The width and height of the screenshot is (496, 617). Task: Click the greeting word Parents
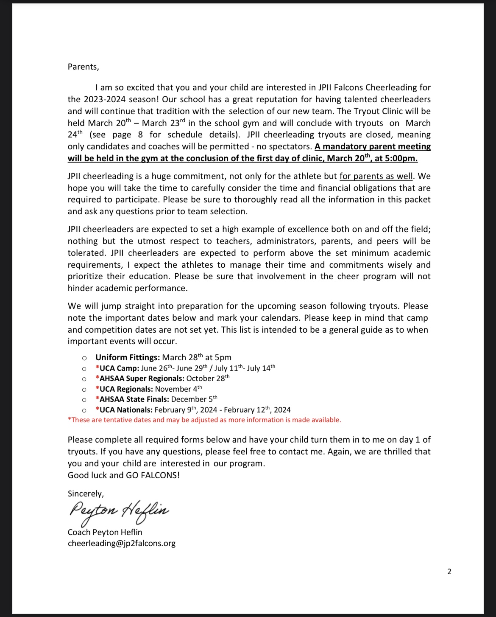click(83, 67)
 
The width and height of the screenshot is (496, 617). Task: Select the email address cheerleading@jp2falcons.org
click(122, 543)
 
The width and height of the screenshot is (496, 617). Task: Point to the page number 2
click(449, 572)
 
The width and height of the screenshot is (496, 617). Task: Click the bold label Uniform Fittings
click(128, 358)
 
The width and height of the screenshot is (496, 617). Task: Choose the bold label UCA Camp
click(117, 368)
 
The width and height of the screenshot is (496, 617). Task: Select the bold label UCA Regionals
click(124, 389)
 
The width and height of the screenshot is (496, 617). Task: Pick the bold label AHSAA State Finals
click(132, 399)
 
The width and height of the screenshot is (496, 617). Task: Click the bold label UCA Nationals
click(124, 410)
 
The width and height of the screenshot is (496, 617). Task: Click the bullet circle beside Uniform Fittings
click(84, 358)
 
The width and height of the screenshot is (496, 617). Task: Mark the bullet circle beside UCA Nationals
click(84, 410)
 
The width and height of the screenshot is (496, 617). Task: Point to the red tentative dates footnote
click(204, 420)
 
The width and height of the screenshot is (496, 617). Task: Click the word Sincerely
click(86, 494)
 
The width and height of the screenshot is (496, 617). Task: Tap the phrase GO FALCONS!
click(153, 475)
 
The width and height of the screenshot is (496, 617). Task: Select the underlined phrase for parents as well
click(376, 177)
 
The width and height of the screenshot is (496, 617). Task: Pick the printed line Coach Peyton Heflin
click(105, 532)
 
